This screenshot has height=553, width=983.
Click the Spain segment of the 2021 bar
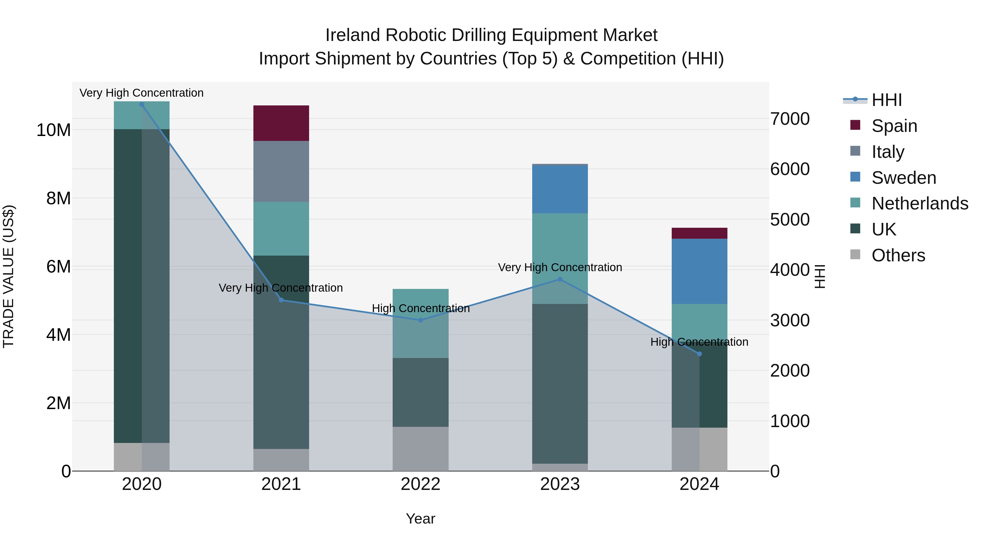tap(281, 123)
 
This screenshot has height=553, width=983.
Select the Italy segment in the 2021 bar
tap(281, 171)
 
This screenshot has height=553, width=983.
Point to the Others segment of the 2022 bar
tap(421, 448)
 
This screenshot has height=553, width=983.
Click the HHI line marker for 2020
tap(141, 104)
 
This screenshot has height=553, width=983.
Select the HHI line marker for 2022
tap(421, 320)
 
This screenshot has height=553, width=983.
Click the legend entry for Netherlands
tap(919, 203)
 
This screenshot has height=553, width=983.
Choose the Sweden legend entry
tap(903, 178)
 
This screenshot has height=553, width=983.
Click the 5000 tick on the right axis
tap(789, 220)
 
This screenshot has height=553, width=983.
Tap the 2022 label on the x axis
tap(421, 484)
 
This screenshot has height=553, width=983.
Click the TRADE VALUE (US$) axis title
tap(8, 276)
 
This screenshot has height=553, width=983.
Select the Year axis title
tap(421, 519)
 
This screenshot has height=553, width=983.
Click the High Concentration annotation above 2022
tap(421, 308)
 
